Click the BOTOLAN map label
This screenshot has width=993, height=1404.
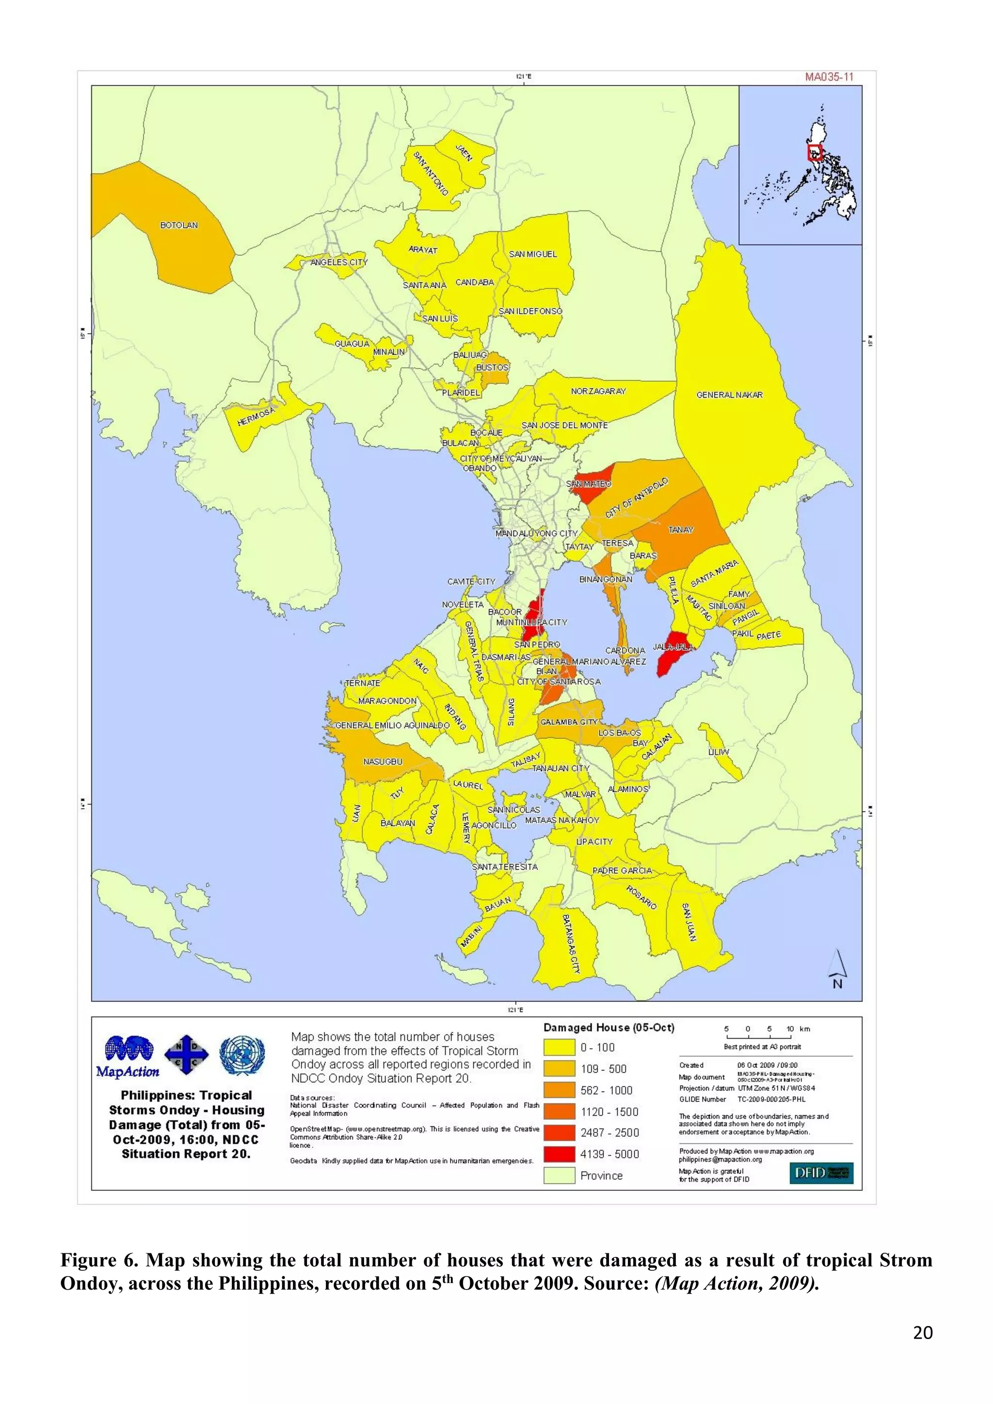178,225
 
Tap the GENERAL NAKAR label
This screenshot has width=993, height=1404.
729,395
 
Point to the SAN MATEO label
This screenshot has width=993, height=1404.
588,484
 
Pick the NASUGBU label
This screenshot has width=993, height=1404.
383,761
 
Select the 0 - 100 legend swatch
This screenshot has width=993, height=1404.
559,1047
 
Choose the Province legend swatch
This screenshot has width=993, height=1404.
559,1175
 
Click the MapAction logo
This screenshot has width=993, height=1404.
128,1057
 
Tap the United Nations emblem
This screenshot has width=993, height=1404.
242,1055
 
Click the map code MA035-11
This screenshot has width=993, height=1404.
829,77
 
